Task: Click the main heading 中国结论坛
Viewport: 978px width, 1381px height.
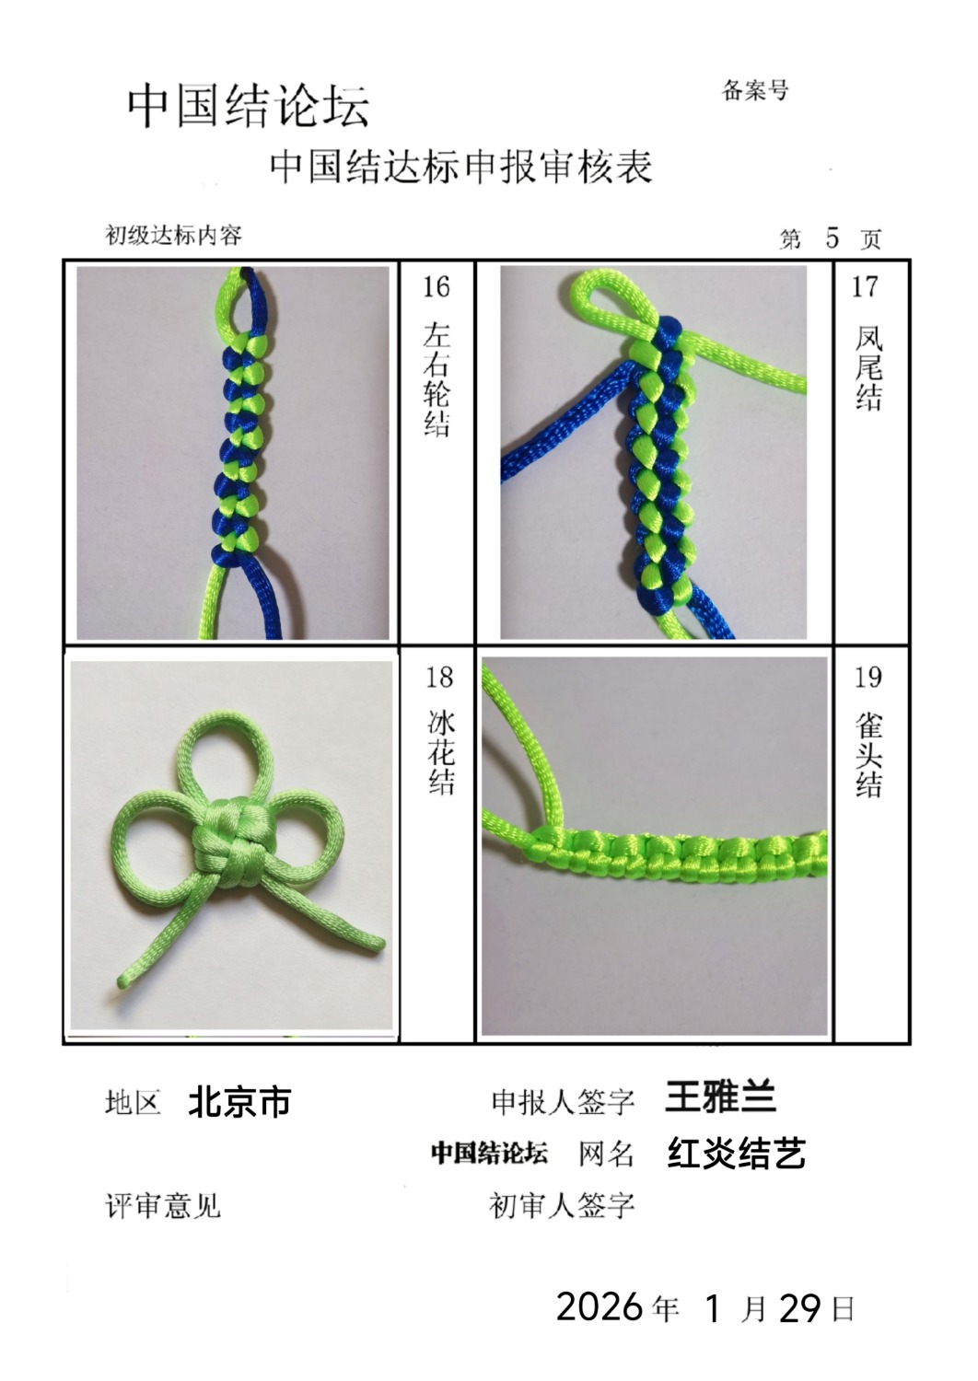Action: point(249,106)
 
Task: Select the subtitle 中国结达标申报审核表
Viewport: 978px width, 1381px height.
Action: point(461,167)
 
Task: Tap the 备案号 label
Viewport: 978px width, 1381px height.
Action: point(755,90)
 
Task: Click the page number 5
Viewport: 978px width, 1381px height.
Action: point(832,238)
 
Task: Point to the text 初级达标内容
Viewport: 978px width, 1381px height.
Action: point(173,235)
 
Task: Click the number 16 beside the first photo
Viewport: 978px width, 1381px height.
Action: point(436,287)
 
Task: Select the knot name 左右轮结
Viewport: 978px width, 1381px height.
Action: point(437,379)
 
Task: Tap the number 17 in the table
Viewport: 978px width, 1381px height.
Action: point(864,287)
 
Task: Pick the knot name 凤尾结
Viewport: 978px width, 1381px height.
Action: point(868,367)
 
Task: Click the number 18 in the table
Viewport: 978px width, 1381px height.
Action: point(439,678)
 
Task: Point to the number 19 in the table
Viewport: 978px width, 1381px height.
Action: point(867,678)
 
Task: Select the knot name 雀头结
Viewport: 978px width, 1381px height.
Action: point(868,755)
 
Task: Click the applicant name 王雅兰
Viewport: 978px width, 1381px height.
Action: point(719,1097)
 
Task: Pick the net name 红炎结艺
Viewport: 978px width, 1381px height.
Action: point(737,1153)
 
